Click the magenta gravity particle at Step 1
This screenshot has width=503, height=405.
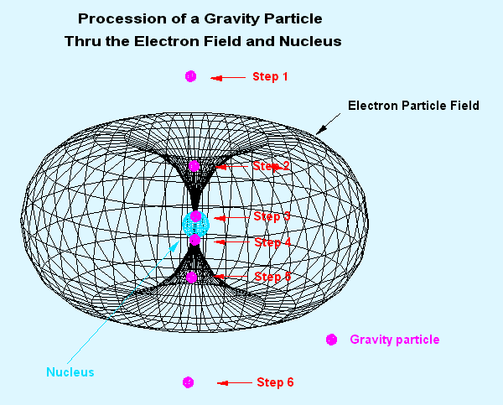[x=190, y=76]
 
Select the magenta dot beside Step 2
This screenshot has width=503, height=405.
[x=194, y=166]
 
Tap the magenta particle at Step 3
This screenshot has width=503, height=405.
[x=195, y=216]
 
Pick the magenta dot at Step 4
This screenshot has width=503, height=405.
[x=194, y=240]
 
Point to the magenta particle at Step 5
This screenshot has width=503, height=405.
[x=191, y=278]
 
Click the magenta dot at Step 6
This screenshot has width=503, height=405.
[x=188, y=382]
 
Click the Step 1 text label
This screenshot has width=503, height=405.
[x=270, y=76]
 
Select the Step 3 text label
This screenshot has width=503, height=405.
[x=272, y=216]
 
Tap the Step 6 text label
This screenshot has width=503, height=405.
[x=275, y=382]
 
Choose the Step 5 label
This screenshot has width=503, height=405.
[x=272, y=277]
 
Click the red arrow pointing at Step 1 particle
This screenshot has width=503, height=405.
[x=228, y=78]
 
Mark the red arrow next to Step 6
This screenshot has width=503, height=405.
[x=235, y=383]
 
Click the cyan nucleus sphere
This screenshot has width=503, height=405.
[x=195, y=226]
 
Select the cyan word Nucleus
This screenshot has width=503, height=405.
[x=70, y=372]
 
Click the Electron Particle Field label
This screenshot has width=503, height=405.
[x=413, y=106]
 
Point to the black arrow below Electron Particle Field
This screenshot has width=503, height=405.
[x=328, y=124]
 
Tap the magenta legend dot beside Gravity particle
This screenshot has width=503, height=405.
[x=331, y=340]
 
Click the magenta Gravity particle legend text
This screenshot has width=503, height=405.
[x=395, y=340]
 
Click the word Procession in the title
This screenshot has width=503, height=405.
[x=122, y=18]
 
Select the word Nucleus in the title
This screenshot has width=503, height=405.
[x=310, y=41]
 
